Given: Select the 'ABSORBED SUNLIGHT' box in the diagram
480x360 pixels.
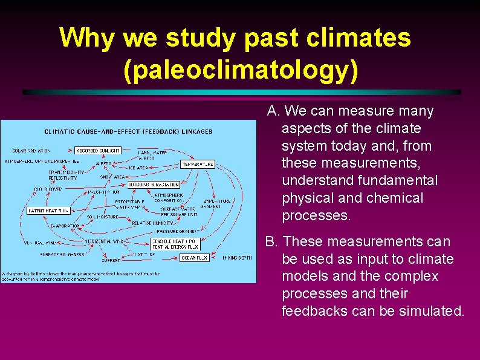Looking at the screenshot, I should pyautogui.click(x=98, y=150).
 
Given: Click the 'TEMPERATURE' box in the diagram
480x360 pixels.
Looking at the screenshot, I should pyautogui.click(x=198, y=164).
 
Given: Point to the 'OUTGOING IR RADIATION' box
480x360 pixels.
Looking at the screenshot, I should pyautogui.click(x=154, y=185).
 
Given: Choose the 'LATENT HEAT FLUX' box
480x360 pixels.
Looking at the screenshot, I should pyautogui.click(x=48, y=211).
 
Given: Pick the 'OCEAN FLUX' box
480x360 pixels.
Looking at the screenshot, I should pyautogui.click(x=195, y=257).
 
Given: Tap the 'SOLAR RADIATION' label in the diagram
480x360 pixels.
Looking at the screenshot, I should pyautogui.click(x=31, y=151).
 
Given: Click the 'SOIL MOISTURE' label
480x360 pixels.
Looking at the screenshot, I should pyautogui.click(x=102, y=216).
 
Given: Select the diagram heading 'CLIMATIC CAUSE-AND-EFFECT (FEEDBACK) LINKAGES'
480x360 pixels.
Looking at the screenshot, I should pyautogui.click(x=128, y=131).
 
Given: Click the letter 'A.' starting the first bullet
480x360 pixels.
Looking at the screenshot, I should pyautogui.click(x=273, y=111).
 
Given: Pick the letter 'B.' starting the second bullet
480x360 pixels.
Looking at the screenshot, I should pyautogui.click(x=271, y=242).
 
